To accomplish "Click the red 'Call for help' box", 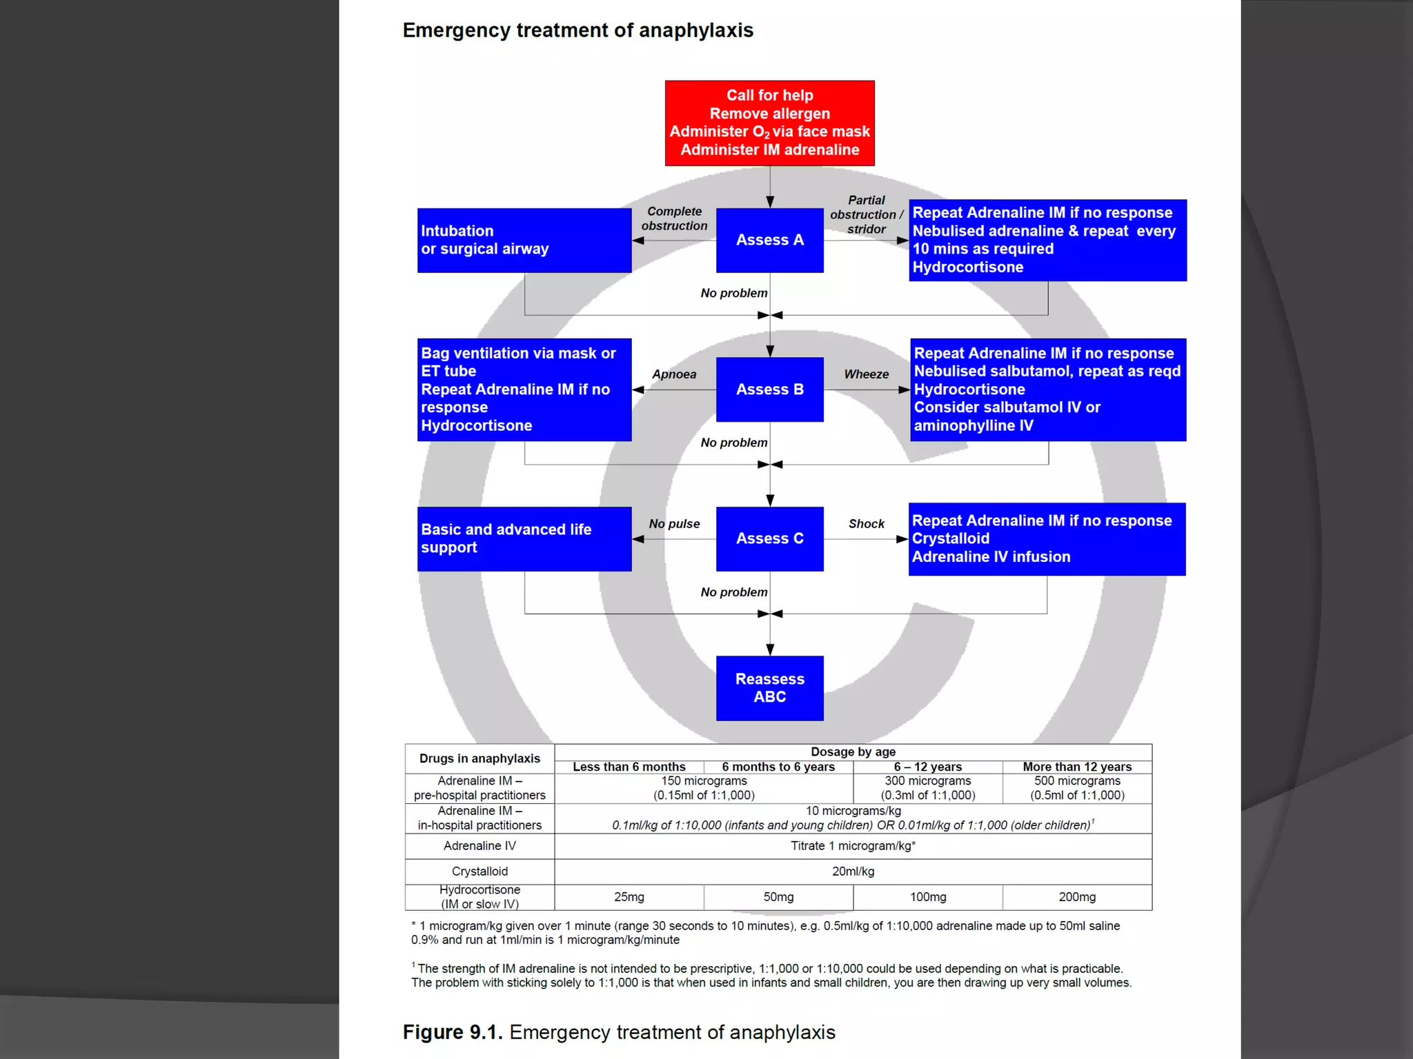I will (769, 123).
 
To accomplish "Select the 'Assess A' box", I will (769, 240).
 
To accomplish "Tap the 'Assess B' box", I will (769, 390).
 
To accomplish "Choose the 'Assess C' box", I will (769, 538).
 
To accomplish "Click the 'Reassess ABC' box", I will (769, 688).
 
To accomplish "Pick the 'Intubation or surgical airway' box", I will (524, 240).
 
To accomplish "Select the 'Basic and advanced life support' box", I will (524, 538).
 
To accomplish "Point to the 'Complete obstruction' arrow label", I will (674, 219).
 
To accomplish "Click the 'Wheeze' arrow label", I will (866, 374).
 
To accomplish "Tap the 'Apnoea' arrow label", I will (674, 374).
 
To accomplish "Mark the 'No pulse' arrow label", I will (674, 524).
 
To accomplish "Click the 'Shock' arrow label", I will (866, 524).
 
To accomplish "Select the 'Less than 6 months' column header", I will (629, 767).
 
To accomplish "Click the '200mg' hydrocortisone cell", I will (1076, 897).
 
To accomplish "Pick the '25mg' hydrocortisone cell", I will (629, 897).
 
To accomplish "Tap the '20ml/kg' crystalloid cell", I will (853, 871).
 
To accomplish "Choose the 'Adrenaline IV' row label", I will (480, 846).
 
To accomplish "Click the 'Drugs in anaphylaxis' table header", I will (480, 758).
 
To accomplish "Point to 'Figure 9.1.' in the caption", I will (452, 1032).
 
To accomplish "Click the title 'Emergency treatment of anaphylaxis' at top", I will (577, 30).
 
